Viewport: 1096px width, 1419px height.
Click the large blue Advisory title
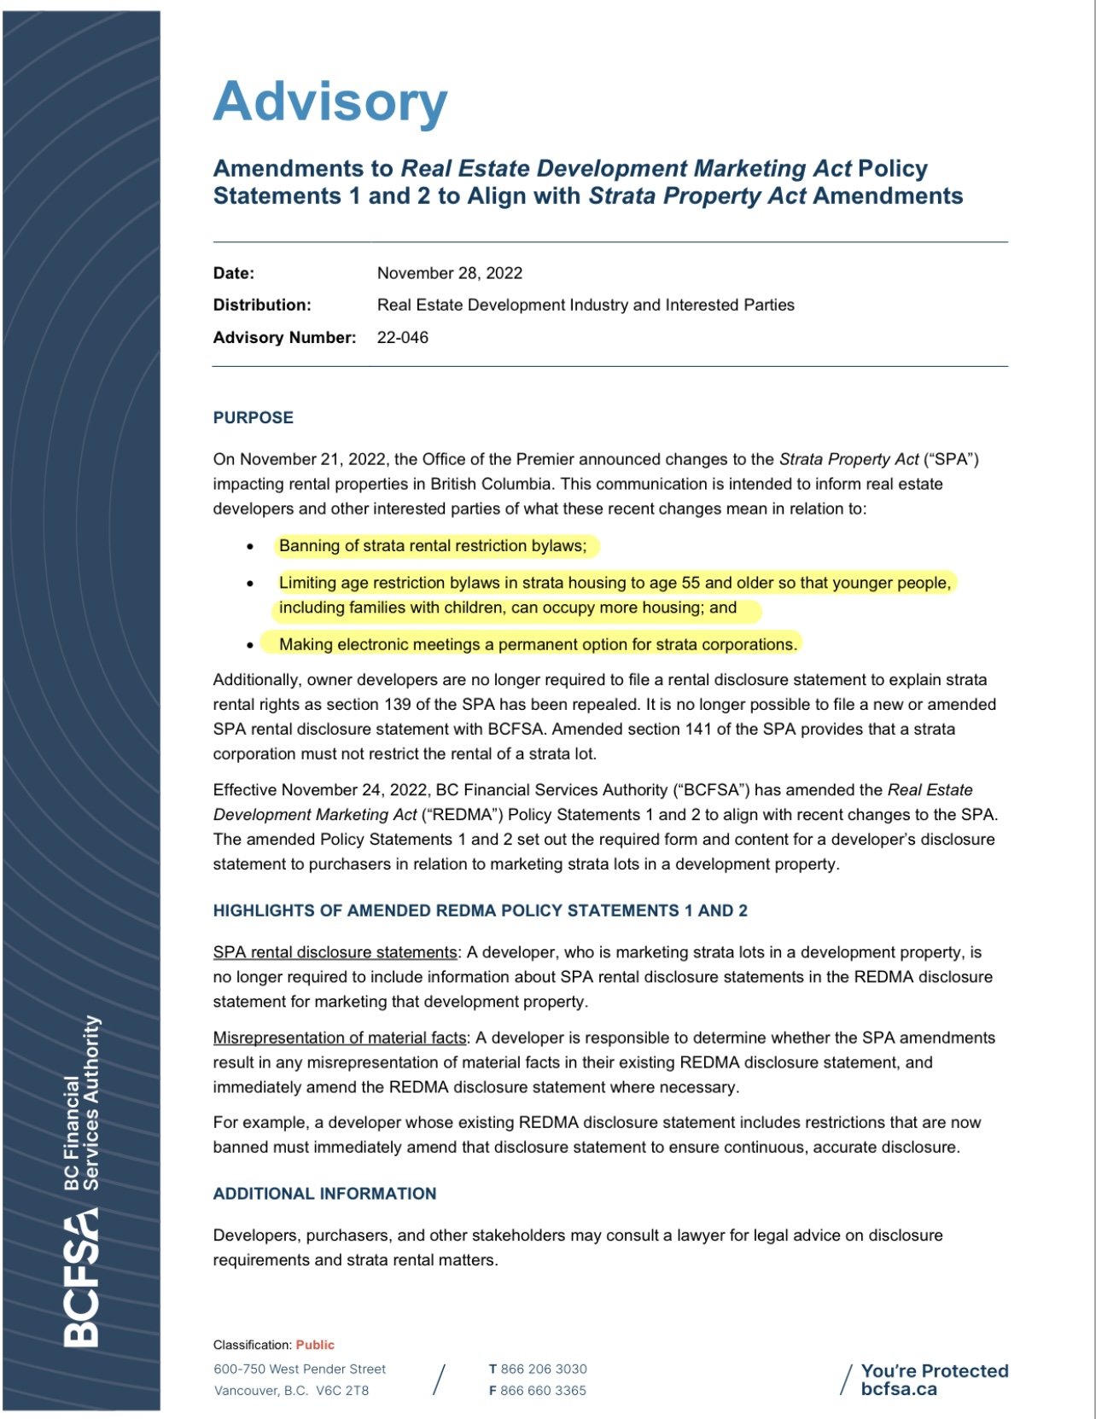point(330,102)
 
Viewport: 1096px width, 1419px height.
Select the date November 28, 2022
point(449,273)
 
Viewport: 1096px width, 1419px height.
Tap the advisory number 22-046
point(402,337)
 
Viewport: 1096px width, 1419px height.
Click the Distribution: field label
point(262,305)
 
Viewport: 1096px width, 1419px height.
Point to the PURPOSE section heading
point(253,417)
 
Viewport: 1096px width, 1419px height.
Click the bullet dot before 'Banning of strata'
point(250,546)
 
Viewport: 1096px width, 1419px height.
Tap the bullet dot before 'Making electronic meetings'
point(250,645)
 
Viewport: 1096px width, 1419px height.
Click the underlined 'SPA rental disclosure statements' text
point(335,952)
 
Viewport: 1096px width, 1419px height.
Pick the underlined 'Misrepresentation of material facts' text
point(339,1038)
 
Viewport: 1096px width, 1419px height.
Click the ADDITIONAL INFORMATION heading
point(324,1194)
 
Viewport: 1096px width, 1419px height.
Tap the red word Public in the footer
point(315,1345)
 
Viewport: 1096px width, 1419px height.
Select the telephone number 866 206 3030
point(544,1369)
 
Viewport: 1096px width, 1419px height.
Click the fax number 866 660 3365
point(543,1390)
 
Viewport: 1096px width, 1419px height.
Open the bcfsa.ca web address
point(898,1389)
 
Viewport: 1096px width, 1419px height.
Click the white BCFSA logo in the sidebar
point(82,1280)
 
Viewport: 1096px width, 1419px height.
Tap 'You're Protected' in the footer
point(934,1370)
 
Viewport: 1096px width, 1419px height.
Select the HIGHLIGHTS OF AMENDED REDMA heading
point(480,910)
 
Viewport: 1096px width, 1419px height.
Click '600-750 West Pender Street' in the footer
point(300,1369)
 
